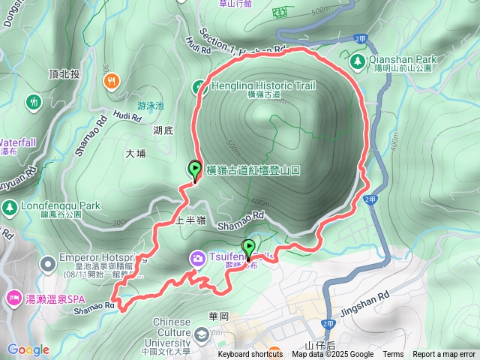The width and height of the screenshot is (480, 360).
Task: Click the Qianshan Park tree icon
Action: (x=357, y=59)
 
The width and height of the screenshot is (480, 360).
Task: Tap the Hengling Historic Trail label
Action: (x=253, y=85)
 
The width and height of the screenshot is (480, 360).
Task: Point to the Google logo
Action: (x=28, y=349)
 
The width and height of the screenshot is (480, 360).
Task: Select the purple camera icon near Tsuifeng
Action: (x=196, y=259)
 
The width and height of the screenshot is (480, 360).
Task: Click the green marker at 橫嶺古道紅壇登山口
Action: (x=195, y=170)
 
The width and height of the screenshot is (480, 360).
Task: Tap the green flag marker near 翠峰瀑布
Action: (x=247, y=248)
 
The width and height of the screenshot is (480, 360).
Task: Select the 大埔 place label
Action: (x=136, y=153)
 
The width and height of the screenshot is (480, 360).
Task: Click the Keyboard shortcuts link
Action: (x=250, y=355)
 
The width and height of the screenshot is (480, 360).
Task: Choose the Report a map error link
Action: (x=444, y=355)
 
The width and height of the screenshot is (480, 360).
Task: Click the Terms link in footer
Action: (x=393, y=355)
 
